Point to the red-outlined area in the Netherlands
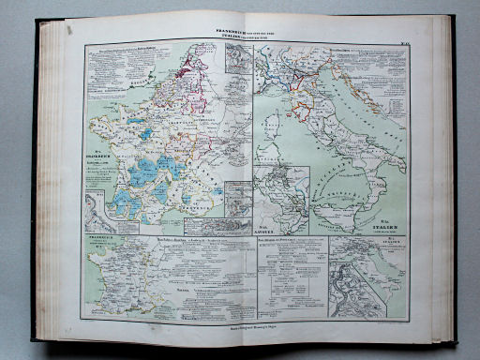pyautogui.click(x=197, y=66)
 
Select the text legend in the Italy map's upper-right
pyautogui.click(x=379, y=61)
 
